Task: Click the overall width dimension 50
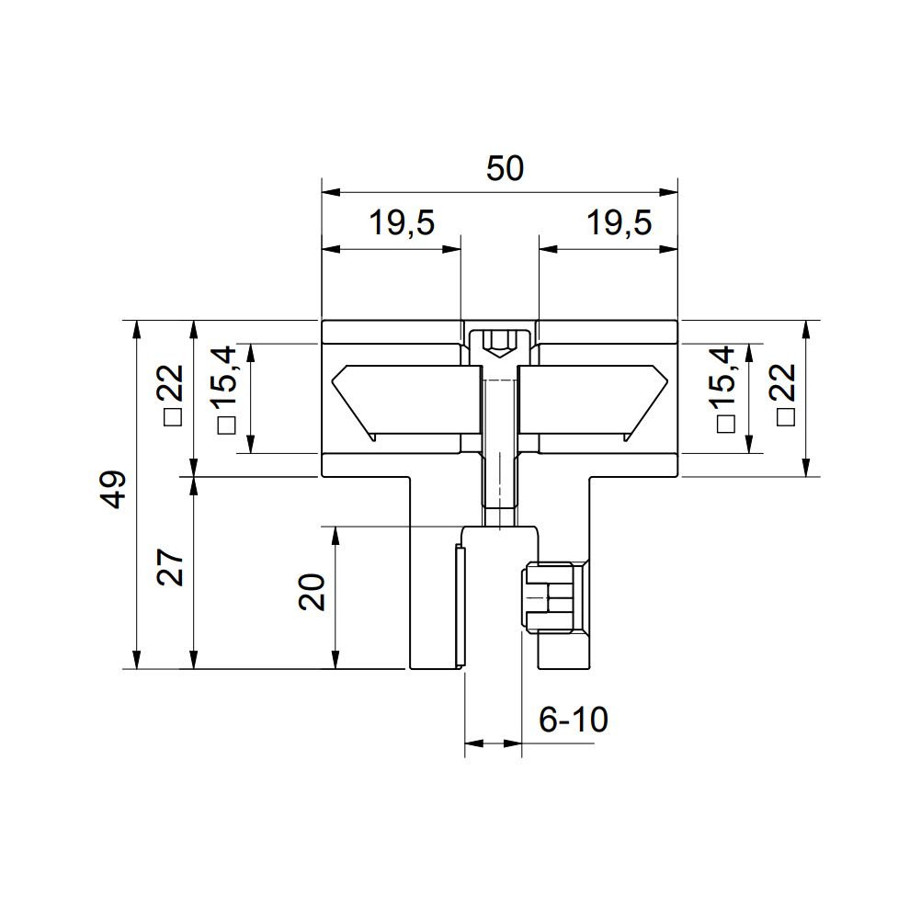coord(505,169)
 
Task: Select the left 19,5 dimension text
coord(402,223)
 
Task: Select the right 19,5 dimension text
coord(619,223)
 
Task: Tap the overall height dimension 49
coord(113,489)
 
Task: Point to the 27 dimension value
coord(172,569)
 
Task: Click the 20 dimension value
coord(313,592)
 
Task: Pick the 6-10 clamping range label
coord(573,720)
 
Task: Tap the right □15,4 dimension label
coord(725,390)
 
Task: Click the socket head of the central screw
coord(499,344)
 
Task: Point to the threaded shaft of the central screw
coord(499,441)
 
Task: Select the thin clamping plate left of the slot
coord(458,607)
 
